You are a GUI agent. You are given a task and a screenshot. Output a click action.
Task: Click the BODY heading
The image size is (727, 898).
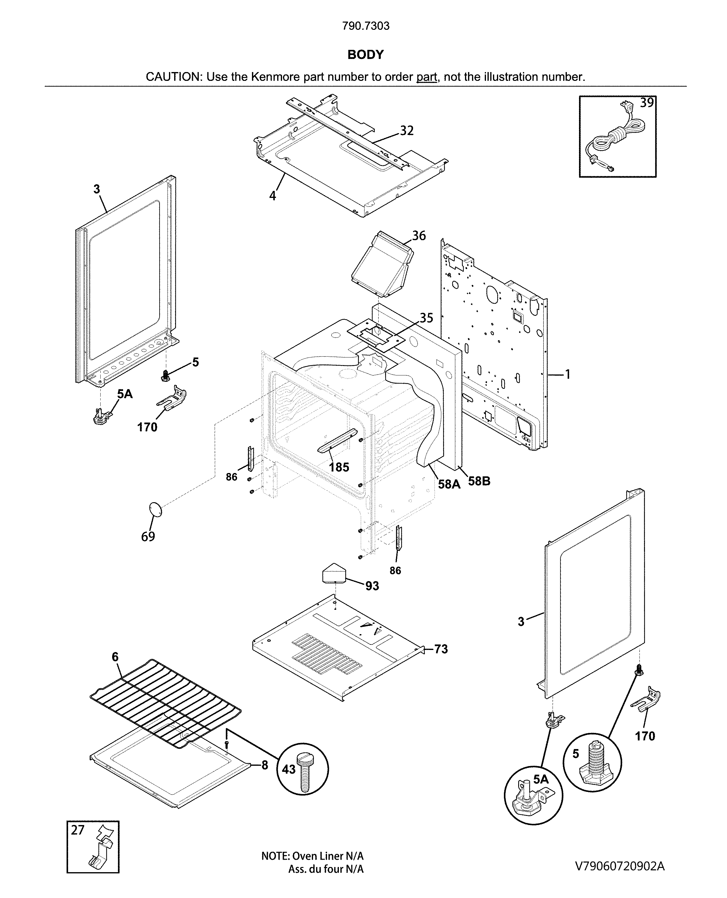365,54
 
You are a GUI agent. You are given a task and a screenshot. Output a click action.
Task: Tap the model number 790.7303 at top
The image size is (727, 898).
366,26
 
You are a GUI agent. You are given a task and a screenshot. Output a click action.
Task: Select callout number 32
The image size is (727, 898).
406,131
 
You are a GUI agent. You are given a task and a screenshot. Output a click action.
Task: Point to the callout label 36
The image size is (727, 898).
419,236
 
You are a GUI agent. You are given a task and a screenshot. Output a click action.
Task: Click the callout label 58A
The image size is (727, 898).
449,484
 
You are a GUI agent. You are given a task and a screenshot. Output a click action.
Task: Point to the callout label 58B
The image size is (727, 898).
479,481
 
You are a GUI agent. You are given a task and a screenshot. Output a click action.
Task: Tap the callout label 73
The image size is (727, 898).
441,649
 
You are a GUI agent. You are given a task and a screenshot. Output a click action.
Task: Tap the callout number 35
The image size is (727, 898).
426,318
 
